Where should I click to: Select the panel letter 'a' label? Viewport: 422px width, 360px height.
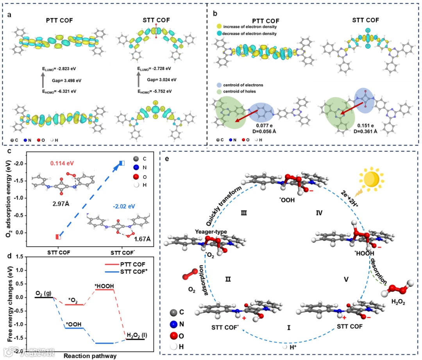click(9, 14)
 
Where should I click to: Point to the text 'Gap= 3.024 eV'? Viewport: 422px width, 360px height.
click(162, 80)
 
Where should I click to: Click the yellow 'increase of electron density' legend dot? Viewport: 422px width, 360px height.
click(220, 27)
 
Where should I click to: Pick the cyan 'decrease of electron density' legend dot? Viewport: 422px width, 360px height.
click(220, 34)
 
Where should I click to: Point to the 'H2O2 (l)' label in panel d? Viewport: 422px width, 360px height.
click(136, 335)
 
